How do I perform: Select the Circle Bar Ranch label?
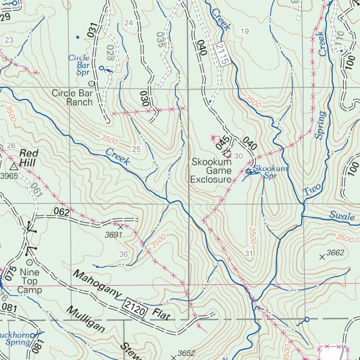[x=72, y=98]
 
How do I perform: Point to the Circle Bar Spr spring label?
[x=79, y=65]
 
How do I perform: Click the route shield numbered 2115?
[x=223, y=53]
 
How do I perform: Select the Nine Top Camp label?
[x=30, y=281]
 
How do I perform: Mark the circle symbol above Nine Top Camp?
[x=30, y=262]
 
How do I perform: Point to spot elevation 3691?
[x=114, y=234]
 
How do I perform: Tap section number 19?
[x=245, y=32]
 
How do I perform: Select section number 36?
[x=123, y=254]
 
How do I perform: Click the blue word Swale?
[x=342, y=216]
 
